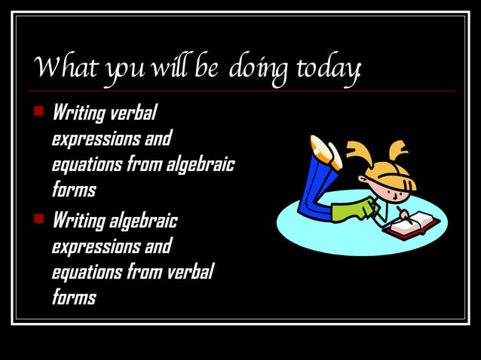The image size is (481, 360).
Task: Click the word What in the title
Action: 60,70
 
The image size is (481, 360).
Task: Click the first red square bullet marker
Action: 39,113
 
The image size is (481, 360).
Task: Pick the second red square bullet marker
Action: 39,220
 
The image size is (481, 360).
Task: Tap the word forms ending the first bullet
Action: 73,189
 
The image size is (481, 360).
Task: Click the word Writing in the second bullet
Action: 78,221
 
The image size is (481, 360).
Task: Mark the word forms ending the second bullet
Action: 73,297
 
